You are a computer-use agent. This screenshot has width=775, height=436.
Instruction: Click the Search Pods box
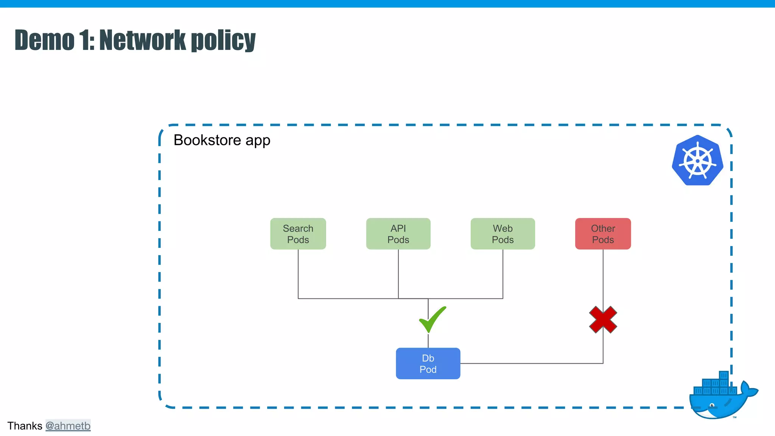(x=298, y=234)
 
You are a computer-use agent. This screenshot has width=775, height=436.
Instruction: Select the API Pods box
(x=398, y=234)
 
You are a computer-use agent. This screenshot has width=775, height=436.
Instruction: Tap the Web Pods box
(x=503, y=234)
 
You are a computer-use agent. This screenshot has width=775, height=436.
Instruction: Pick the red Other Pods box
(x=603, y=234)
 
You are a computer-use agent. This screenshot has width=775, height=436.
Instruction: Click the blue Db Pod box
(x=428, y=363)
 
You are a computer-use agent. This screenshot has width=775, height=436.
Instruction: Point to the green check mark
(x=432, y=320)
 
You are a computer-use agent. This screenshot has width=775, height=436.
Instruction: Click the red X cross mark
(x=603, y=320)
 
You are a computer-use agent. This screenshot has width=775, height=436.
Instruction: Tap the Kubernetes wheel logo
(x=697, y=160)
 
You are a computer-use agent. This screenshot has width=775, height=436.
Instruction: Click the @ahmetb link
(x=68, y=426)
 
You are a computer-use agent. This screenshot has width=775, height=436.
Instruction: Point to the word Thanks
(x=25, y=426)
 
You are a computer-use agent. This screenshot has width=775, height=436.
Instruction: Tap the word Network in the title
(x=143, y=40)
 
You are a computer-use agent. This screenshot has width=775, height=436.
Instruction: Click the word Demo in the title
(x=45, y=40)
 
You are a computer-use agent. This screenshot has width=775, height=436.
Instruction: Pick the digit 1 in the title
(x=85, y=40)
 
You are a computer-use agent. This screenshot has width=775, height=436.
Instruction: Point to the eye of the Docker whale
(x=712, y=405)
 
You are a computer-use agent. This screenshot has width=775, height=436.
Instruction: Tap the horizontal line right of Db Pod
(x=530, y=363)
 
